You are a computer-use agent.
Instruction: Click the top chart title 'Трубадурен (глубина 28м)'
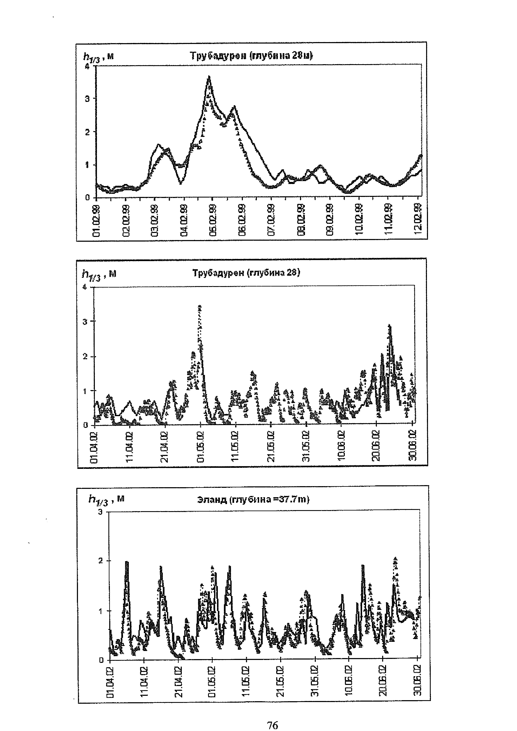point(251,56)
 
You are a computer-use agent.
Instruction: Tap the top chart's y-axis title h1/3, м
point(98,57)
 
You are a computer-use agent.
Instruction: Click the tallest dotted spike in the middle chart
point(200,307)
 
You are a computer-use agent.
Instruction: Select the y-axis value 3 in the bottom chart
point(101,512)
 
